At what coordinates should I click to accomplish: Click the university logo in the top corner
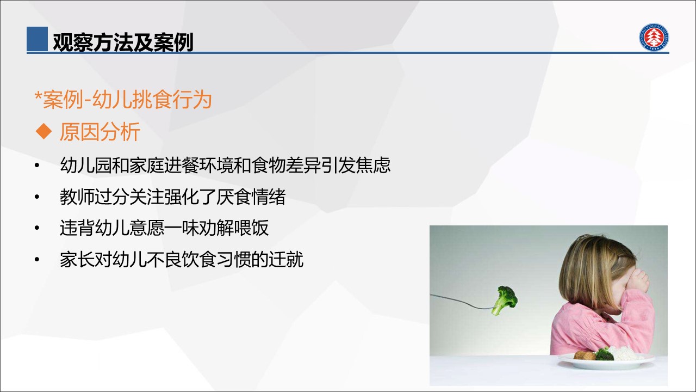click(654, 37)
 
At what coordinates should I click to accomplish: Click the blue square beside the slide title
click(37, 39)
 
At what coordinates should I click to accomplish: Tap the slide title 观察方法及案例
click(123, 42)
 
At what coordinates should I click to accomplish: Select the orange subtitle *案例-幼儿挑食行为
click(123, 100)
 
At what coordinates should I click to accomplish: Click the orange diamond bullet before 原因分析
click(44, 132)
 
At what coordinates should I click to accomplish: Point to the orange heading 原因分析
click(100, 132)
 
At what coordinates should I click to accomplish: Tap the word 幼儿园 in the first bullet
click(86, 165)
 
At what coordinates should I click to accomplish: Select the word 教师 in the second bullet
click(77, 197)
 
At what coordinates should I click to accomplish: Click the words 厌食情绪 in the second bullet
click(251, 197)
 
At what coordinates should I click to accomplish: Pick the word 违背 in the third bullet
click(77, 228)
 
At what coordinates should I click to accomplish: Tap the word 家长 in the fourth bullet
click(77, 260)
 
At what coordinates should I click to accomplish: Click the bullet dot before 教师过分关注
click(38, 197)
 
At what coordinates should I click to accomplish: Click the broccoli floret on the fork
click(505, 300)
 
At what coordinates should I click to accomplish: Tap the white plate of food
click(606, 362)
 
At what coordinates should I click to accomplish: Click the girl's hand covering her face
click(637, 281)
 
